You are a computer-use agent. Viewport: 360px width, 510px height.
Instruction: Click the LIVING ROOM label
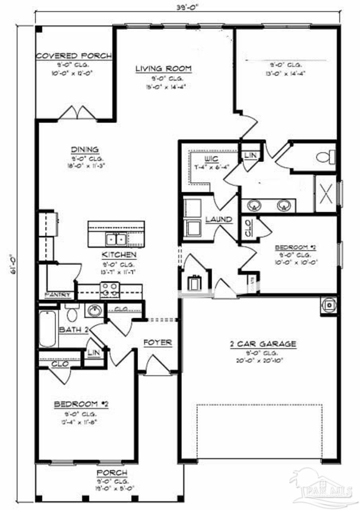coord(163,69)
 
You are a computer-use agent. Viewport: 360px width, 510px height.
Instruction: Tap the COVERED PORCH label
coord(74,56)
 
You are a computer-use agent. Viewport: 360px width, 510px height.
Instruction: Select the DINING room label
coord(85,149)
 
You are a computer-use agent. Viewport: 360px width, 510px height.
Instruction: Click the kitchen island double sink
coord(116,239)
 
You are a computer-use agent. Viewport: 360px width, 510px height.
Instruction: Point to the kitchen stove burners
coord(110,290)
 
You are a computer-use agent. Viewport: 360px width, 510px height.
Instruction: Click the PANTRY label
coord(59,295)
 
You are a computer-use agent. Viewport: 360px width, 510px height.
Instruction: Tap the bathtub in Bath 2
coord(48,329)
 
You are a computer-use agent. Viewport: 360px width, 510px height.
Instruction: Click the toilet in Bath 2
coord(72,314)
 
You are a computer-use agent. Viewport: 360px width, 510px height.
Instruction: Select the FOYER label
coord(158,342)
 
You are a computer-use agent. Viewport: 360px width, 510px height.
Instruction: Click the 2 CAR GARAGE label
coord(263,344)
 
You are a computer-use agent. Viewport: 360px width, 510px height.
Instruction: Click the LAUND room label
coord(219,219)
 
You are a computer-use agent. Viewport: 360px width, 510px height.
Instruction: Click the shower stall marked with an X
coord(326,194)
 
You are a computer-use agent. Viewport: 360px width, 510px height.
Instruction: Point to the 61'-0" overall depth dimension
coord(14,265)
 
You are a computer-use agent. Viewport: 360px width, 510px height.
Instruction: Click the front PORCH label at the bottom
coord(112,473)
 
